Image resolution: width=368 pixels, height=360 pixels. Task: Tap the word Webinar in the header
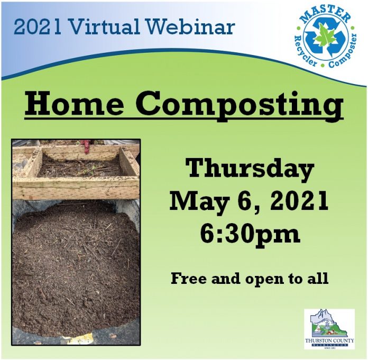[187, 26]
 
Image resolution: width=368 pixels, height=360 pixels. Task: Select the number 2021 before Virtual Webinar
[38, 27]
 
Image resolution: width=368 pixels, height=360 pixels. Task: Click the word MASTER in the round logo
[325, 15]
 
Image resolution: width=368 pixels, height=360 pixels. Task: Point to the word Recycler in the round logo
[305, 52]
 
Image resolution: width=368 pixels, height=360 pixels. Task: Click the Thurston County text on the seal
[329, 340]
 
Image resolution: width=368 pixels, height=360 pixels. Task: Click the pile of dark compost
[76, 267]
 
